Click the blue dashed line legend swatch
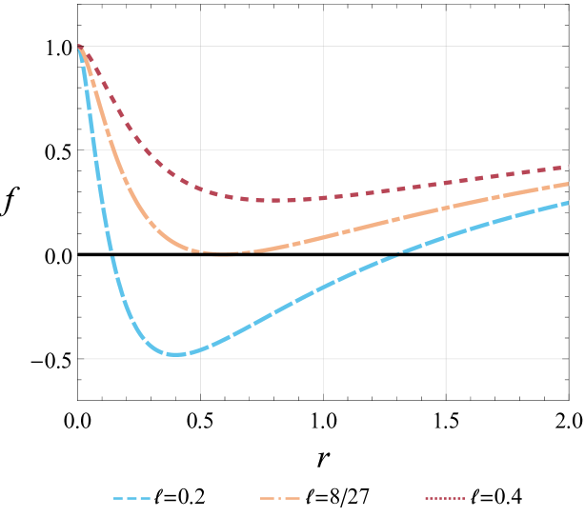tap(131, 498)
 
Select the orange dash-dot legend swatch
tap(280, 498)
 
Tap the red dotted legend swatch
tap(445, 498)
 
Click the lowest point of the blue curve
tap(176, 354)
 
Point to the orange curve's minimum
tap(223, 252)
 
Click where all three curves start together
tap(78, 45)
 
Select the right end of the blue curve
tap(570, 202)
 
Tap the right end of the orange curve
tap(570, 183)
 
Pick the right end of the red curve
tap(570, 167)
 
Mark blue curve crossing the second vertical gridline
tap(323, 285)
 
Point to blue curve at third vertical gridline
tap(446, 236)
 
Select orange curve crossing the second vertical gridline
tap(323, 237)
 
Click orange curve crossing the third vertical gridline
tap(446, 208)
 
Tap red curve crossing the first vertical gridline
tap(200, 189)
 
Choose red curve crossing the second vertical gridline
tap(323, 197)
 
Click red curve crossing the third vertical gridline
tap(446, 183)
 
